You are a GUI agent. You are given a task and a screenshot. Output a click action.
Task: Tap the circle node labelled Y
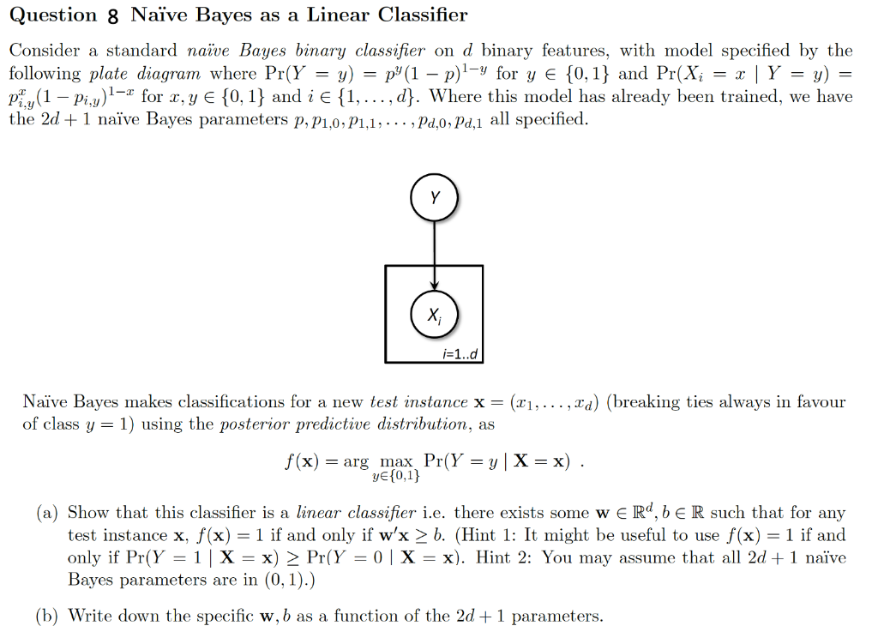435,198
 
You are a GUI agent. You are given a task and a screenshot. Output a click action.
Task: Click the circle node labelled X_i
435,314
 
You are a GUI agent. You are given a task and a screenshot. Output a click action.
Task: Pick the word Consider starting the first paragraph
50,51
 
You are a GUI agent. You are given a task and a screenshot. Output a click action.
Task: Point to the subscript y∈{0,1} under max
396,476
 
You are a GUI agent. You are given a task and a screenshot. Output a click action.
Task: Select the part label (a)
47,513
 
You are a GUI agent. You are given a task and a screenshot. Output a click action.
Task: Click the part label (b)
48,616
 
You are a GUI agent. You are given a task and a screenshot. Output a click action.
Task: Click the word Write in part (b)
89,616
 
